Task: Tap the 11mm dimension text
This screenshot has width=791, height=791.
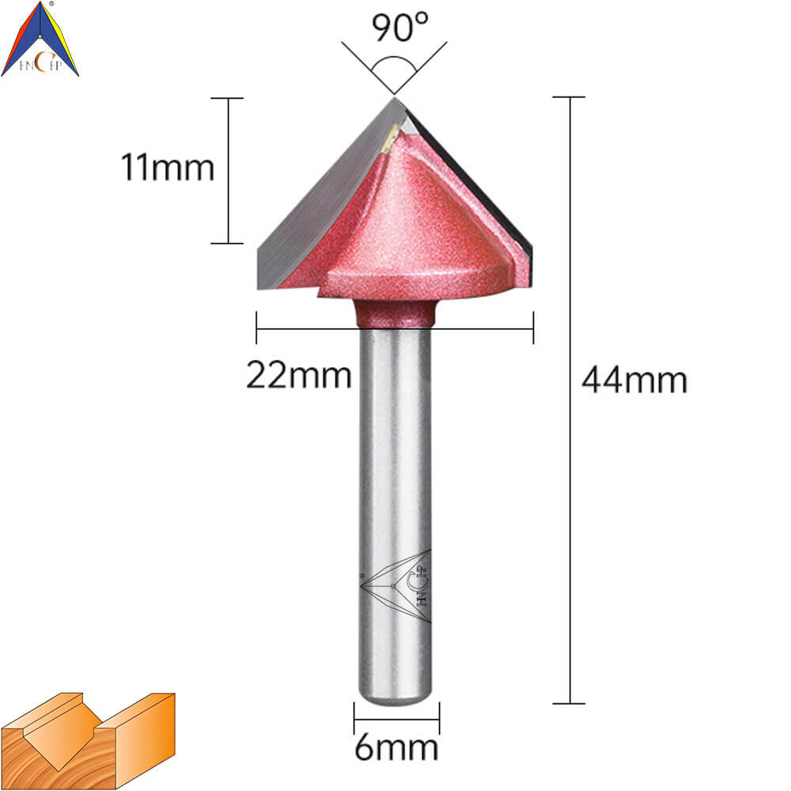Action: click(168, 167)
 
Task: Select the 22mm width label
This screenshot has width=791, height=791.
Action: click(299, 375)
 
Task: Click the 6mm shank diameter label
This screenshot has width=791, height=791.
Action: click(396, 747)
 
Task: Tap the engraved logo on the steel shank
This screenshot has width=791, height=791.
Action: click(395, 586)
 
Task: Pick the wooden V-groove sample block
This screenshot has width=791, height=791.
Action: click(88, 740)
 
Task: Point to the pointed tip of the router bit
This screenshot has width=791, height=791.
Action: click(394, 98)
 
